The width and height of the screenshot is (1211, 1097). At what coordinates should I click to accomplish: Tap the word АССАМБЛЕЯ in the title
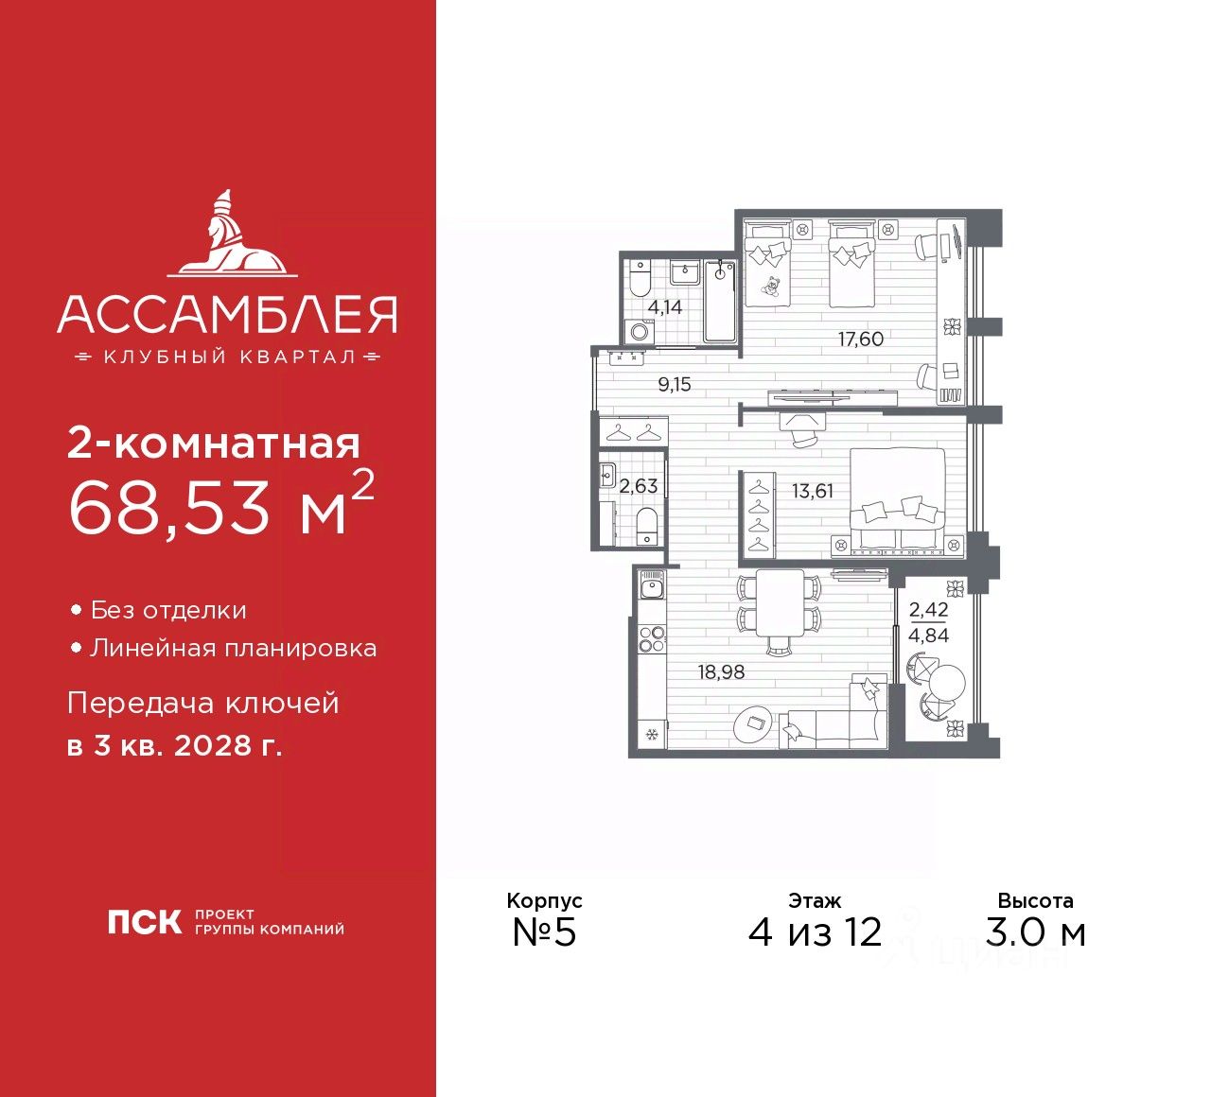(227, 315)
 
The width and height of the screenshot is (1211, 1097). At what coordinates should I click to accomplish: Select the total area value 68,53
(170, 509)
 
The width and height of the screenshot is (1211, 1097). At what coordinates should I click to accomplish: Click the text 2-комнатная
(214, 444)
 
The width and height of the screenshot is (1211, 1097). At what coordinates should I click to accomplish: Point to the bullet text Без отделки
(168, 611)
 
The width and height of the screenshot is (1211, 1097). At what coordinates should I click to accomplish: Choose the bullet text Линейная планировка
(233, 649)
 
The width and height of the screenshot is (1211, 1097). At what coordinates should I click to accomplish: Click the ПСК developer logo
(144, 922)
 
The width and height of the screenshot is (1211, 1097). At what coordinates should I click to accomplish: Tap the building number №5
(544, 932)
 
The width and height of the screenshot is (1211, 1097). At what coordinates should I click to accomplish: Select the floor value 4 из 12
(815, 932)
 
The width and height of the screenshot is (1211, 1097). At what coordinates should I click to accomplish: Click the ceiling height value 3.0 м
(1035, 932)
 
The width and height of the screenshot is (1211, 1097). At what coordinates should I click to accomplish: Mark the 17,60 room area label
(860, 339)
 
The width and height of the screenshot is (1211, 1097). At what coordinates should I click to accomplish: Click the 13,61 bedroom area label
(813, 491)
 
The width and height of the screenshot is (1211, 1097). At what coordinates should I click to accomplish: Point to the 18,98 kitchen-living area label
(721, 672)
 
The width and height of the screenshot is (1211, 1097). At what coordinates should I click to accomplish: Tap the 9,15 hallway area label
(675, 385)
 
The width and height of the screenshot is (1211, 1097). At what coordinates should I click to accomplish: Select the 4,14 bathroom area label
(664, 307)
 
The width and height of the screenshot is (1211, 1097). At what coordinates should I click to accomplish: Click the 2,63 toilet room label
(639, 486)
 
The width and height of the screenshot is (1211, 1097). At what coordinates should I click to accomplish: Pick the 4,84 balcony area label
(928, 636)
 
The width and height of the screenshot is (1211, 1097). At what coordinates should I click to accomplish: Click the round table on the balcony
(947, 681)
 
